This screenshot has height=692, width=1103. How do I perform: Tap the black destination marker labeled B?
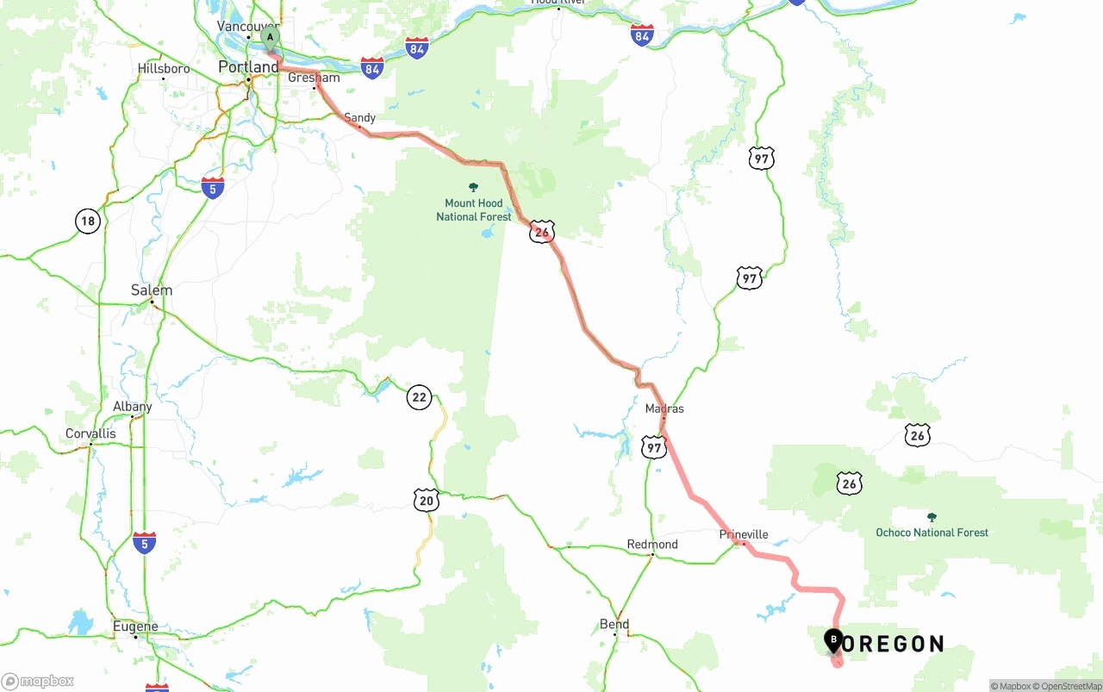pos(833,640)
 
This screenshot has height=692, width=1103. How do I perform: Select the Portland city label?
pos(248,66)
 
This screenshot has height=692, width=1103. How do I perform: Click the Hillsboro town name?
pos(164,68)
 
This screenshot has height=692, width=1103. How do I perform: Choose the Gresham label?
pos(314,78)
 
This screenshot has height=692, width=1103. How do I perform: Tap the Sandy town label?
pos(360,117)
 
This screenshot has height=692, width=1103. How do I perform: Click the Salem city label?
pos(152,290)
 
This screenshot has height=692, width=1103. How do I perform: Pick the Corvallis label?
pos(90,433)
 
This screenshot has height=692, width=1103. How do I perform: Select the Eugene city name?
pos(135,627)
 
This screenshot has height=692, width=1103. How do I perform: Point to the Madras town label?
pos(664,408)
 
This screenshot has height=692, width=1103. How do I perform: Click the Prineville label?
pos(744,534)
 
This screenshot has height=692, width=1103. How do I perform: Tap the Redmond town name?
pos(652,545)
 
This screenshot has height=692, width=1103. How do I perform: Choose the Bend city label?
pos(614,624)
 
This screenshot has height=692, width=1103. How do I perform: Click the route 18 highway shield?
pos(87,221)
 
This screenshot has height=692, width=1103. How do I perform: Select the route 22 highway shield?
pos(419,397)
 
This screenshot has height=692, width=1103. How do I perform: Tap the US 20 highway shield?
pos(426,500)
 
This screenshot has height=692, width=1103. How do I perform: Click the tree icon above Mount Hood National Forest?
pos(473,187)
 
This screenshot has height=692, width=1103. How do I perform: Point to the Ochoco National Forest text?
pos(932,533)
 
